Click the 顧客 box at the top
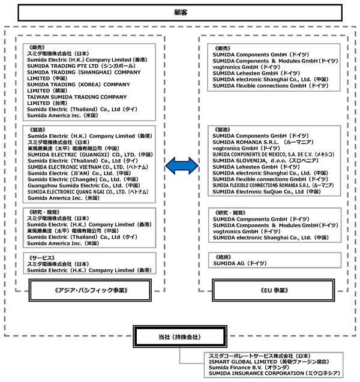tap(180, 13)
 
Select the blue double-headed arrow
tap(182, 166)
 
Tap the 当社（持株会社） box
tap(180, 336)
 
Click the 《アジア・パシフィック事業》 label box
tap(90, 290)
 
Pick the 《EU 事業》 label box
tap(274, 290)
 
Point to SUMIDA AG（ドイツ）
tap(240, 263)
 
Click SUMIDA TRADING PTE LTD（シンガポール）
tap(81, 66)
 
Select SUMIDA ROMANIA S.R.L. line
tap(263, 142)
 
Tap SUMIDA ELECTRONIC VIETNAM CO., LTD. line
tap(88, 167)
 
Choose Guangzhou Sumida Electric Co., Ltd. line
tap(84, 186)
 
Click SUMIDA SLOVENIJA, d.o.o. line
tap(265, 161)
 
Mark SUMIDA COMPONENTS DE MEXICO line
tap(273, 155)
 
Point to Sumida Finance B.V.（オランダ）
tap(248, 368)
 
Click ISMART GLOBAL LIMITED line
tap(269, 362)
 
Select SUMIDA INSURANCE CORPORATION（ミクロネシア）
tap(274, 373)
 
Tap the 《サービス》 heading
tap(41, 258)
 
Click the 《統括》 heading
tap(223, 257)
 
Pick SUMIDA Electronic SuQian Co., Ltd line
tap(266, 192)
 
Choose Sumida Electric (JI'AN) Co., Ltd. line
tap(79, 173)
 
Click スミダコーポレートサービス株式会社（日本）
tap(259, 356)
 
